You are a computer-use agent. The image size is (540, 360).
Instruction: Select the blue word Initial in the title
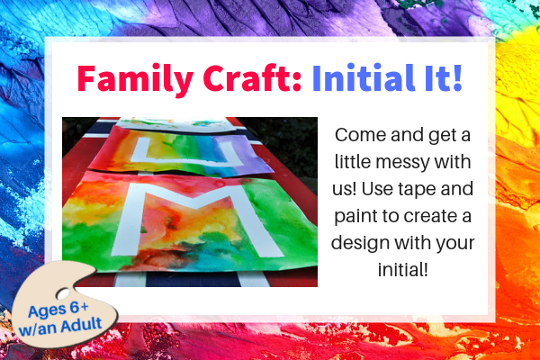(364, 77)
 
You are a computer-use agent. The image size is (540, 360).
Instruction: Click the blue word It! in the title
(444, 77)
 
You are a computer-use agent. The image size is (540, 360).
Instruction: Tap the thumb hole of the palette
(63, 294)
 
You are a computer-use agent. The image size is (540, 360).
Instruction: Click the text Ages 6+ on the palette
(58, 310)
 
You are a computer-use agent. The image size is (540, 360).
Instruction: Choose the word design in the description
(361, 244)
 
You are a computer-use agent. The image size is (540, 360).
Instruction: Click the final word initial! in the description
(403, 269)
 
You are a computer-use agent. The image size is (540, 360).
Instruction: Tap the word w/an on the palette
(37, 328)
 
